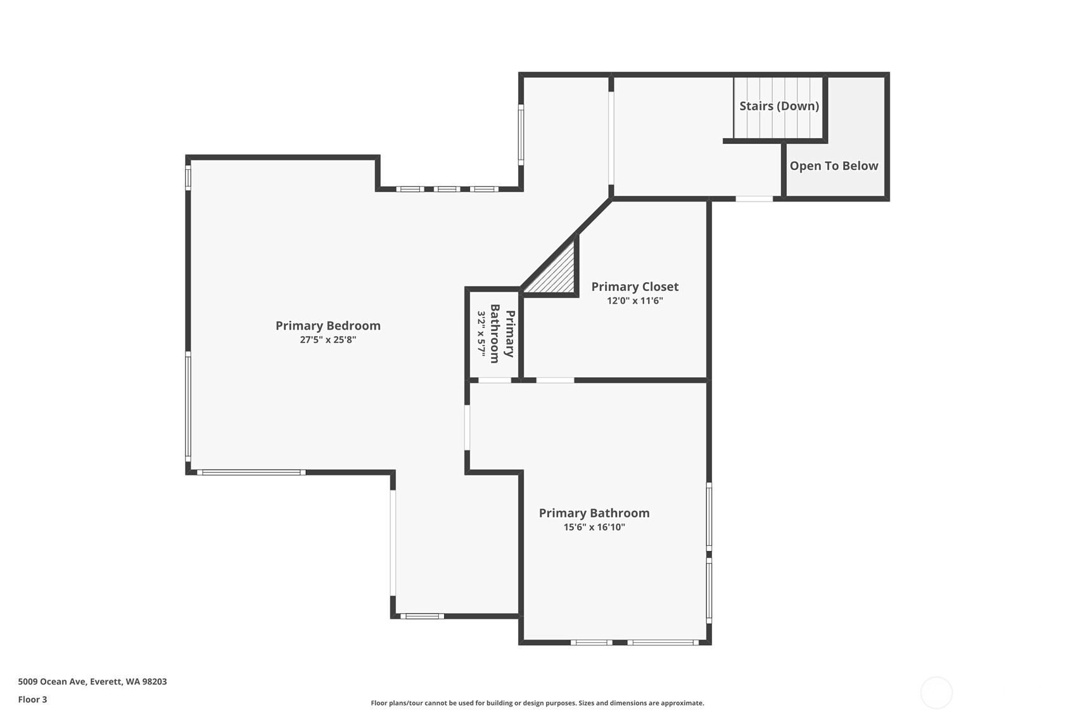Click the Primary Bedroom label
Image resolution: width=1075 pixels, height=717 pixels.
328,326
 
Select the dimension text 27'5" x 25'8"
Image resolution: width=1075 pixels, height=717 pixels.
328,340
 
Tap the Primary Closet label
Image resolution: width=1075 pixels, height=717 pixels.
635,287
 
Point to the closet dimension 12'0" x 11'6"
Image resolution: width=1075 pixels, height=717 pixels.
635,300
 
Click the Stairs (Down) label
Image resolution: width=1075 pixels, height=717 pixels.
779,106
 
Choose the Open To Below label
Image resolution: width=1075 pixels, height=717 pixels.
834,165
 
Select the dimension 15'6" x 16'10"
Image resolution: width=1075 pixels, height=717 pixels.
594,527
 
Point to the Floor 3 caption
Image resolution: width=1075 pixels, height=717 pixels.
33,699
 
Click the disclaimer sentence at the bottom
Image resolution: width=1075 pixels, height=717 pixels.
537,703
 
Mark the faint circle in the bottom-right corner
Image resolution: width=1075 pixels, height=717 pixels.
936,692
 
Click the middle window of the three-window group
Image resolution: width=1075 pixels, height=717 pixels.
447,189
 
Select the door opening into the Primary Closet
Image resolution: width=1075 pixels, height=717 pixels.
555,380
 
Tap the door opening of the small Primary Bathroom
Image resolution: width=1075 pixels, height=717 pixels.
495,380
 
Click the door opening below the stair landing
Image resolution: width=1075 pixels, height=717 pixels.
754,199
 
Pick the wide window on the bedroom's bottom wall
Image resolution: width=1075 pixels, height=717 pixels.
251,472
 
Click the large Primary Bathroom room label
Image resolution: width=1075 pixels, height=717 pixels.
594,513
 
